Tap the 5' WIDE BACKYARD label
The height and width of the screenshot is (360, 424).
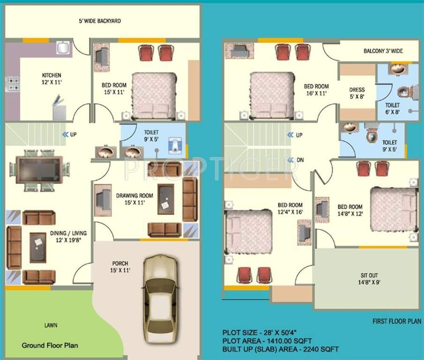pos(99,21)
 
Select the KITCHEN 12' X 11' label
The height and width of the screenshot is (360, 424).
pos(52,78)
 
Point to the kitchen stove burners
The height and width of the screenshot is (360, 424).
pos(12,84)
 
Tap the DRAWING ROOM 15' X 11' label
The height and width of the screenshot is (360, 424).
pos(134,199)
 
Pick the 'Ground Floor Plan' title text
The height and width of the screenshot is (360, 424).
pos(50,345)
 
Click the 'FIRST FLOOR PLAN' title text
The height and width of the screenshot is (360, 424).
pos(396,321)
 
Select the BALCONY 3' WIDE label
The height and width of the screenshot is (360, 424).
pos(383,51)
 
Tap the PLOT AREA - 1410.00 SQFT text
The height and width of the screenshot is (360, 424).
pos(267,341)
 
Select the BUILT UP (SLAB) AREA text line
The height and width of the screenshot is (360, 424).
pos(280,349)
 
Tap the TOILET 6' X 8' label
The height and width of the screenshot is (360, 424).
pos(392,109)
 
